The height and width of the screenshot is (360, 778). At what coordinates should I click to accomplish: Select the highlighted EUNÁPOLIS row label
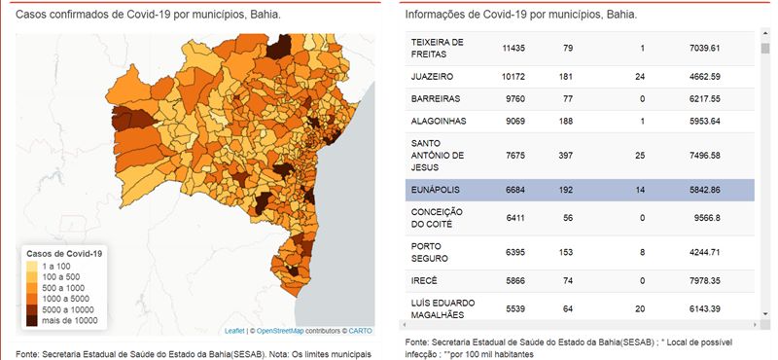coord(428,190)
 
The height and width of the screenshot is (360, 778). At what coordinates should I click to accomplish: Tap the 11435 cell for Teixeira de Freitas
coord(513,49)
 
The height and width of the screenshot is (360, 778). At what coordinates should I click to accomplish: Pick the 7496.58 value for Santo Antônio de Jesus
coord(704,156)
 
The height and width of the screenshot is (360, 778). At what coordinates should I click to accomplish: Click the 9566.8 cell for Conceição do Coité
coord(707,218)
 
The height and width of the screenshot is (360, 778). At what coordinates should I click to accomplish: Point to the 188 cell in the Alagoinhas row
coord(565,122)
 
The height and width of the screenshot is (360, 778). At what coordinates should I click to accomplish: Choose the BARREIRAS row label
coord(428,99)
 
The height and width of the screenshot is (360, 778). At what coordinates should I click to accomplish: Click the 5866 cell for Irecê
coord(515,281)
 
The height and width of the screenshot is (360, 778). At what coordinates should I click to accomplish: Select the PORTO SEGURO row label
coord(423,252)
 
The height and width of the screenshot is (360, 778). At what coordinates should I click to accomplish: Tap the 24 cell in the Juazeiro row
coord(640,77)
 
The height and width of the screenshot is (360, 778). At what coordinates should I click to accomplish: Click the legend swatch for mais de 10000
coord(32,321)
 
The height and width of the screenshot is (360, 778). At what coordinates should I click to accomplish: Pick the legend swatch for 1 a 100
coord(32,267)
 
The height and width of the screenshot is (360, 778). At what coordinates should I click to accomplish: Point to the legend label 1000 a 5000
coord(66,299)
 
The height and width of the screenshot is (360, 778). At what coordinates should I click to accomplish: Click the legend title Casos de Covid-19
coord(64,254)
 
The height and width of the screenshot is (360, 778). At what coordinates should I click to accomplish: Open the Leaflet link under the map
coord(234,331)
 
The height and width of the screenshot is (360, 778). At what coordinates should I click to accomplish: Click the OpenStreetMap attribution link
coord(280,331)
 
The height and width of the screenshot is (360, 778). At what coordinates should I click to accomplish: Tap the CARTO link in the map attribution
coord(360,331)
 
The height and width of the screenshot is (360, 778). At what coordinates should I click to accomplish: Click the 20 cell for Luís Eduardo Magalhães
coord(640,308)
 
